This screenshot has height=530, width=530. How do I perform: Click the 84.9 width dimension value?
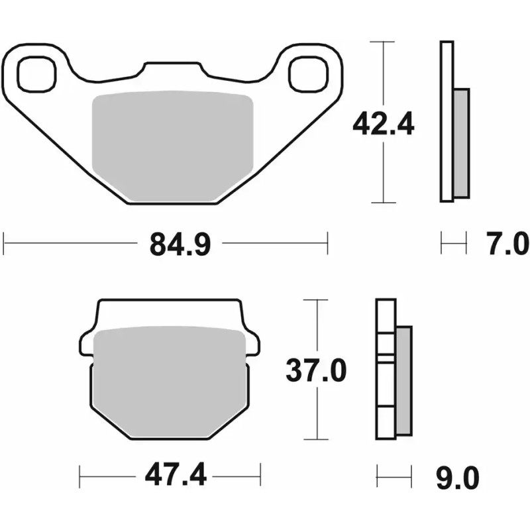pos(180,244)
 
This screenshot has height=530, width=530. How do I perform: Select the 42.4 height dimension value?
pos(383,123)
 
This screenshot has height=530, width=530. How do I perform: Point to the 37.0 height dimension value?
pos(315,371)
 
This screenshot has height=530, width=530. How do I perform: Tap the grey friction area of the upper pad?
pos(172,146)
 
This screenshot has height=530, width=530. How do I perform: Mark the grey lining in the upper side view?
pos(461,143)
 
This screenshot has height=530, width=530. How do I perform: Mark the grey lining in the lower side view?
pos(403,381)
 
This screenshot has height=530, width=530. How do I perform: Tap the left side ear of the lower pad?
pos(87,343)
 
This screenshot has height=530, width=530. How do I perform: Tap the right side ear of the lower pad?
pos(252,343)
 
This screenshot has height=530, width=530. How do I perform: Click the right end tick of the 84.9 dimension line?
pos(327,243)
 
